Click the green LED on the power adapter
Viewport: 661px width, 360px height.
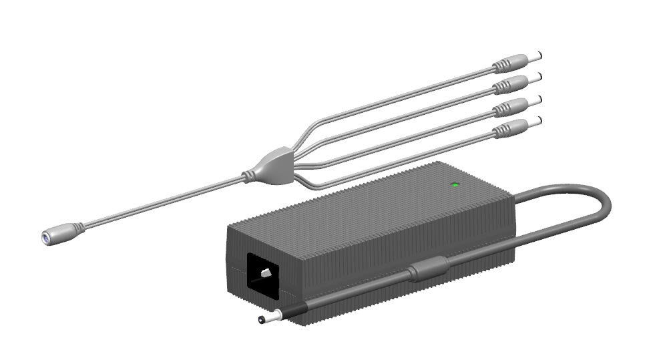tap(455, 184)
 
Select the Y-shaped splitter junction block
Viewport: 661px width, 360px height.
tap(270, 166)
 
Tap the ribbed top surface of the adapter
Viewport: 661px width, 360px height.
tap(374, 200)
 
